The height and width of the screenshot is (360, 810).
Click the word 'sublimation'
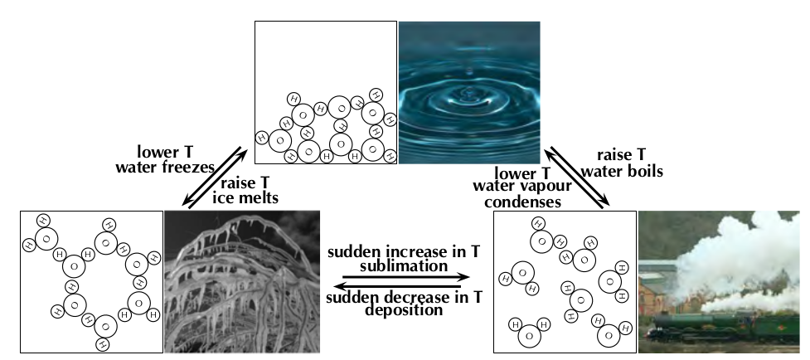406,267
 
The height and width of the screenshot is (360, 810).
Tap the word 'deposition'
406,311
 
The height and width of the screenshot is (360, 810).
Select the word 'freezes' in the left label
192,168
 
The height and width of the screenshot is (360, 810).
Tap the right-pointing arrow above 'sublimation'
406,278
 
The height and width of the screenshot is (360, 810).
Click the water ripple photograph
469,92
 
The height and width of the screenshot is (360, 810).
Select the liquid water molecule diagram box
325,92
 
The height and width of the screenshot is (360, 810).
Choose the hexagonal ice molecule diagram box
90,281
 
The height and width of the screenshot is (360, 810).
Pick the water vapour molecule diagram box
564,281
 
